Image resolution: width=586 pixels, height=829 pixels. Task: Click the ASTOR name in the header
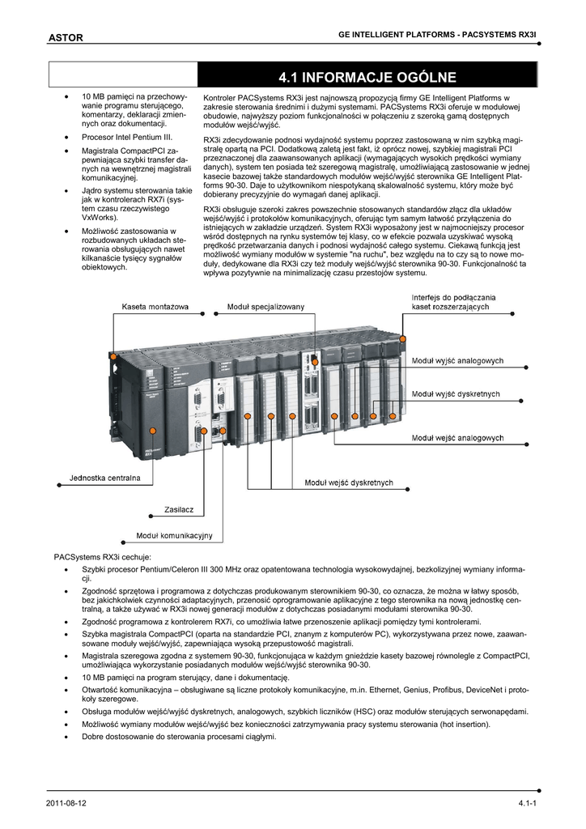point(66,37)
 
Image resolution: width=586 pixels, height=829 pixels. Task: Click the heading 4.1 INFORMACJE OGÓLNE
point(367,78)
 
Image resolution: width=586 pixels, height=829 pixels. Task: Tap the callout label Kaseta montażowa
point(155,307)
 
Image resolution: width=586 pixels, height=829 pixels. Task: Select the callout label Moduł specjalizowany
point(265,307)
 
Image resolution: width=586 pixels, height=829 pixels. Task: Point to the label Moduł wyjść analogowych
point(458,360)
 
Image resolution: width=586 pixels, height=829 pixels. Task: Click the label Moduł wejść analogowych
point(459,438)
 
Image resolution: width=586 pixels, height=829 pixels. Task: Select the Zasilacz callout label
point(179,509)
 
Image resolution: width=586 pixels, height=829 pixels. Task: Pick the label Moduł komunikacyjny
point(174,536)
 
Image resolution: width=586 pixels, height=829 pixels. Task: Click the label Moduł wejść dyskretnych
point(348,483)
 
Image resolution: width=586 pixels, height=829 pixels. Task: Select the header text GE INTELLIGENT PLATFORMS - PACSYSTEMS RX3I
point(436,36)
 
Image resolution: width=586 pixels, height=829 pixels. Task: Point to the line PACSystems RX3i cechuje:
point(103,557)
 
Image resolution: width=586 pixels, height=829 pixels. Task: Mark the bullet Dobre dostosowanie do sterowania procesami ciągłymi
point(179,737)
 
